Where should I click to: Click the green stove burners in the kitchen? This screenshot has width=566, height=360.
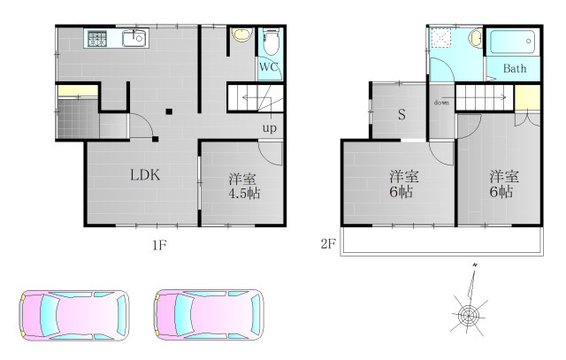coord(96,38)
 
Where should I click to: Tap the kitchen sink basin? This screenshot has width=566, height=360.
coord(133,38)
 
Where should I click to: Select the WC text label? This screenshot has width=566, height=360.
coord(271,67)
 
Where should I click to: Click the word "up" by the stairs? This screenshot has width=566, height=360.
coord(269,128)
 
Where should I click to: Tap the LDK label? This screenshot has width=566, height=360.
coord(144,174)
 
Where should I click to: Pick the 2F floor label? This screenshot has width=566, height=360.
coord(328,243)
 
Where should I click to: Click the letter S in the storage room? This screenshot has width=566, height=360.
coord(401,114)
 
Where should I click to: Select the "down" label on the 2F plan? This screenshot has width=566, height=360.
coord(441,103)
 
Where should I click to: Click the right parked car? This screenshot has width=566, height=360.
coord(209,314)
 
